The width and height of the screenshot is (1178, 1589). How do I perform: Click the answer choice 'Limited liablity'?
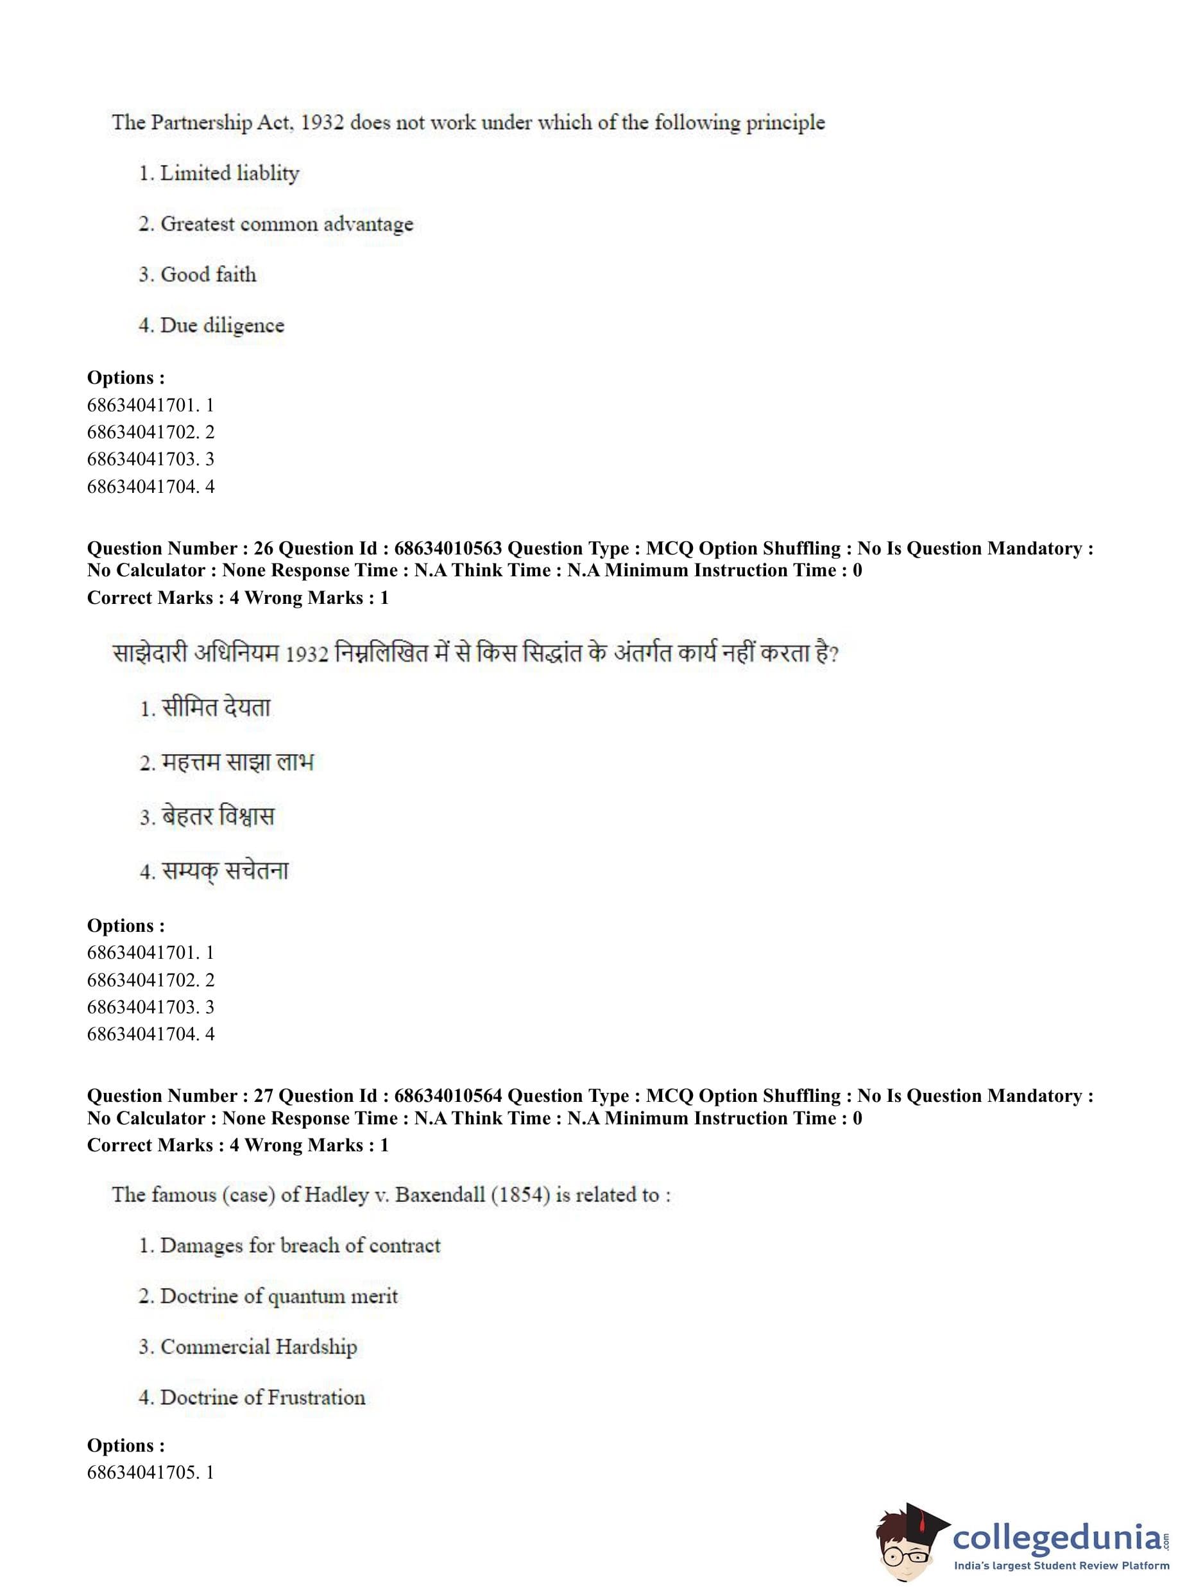click(x=229, y=173)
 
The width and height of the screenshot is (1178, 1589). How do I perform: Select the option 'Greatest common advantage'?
click(x=286, y=224)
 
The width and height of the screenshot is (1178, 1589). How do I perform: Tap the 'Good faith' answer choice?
click(x=209, y=275)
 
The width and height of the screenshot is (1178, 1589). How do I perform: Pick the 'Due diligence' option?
click(x=222, y=325)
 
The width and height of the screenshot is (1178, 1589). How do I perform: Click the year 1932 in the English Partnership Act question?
click(x=321, y=123)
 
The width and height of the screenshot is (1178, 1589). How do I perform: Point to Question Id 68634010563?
click(x=448, y=549)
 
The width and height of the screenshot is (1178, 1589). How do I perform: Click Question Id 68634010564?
click(x=448, y=1095)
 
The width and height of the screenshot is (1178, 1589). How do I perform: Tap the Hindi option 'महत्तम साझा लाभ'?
click(x=237, y=762)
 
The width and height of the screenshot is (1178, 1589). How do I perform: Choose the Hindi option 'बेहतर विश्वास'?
click(x=218, y=816)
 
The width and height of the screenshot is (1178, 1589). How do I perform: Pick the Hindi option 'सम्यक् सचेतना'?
click(x=225, y=871)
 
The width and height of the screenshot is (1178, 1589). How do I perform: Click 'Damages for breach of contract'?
click(x=300, y=1245)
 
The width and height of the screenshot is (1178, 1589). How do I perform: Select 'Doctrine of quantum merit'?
click(x=278, y=1296)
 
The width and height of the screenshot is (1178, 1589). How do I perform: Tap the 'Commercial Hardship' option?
click(x=258, y=1346)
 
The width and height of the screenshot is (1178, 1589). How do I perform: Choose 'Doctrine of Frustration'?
click(x=262, y=1397)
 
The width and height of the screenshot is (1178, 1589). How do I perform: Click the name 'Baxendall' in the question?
click(x=440, y=1194)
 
